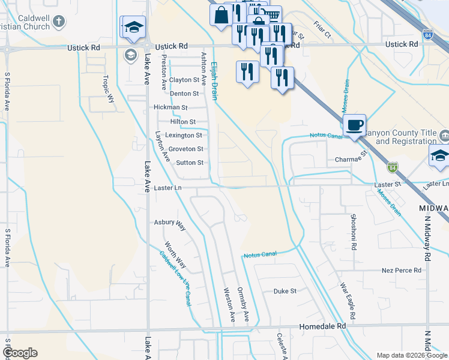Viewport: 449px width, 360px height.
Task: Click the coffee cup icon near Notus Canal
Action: [x=355, y=125]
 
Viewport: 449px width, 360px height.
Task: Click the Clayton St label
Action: [x=184, y=80]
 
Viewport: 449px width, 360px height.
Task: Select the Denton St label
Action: [x=184, y=94]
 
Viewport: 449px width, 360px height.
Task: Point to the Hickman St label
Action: [x=171, y=107]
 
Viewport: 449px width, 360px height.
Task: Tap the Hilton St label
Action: [x=183, y=122]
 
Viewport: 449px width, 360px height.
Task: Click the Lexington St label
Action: [x=184, y=136]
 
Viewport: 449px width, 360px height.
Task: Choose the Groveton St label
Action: [x=186, y=149]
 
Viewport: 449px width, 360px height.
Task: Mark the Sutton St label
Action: [x=190, y=163]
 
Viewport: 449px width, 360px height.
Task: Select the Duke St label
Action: [x=285, y=291]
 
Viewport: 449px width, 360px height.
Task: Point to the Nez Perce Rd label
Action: [x=402, y=271]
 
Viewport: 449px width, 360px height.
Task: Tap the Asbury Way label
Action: [x=170, y=223]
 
